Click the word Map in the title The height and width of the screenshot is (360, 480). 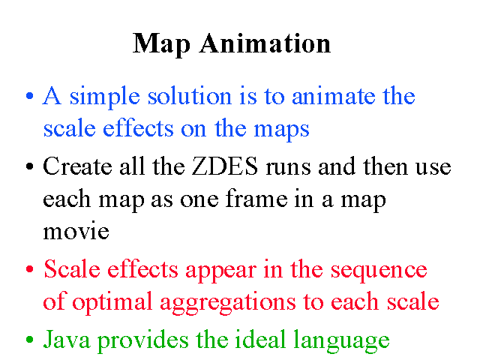tap(162, 45)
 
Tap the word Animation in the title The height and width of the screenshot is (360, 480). tap(265, 43)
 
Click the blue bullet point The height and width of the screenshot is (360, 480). tap(30, 96)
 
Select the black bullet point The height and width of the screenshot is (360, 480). tap(30, 166)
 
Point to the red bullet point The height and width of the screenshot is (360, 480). tap(30, 269)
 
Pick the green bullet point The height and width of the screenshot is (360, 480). tap(30, 340)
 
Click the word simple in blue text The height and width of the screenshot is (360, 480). tap(105, 97)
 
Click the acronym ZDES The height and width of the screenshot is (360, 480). tap(225, 166)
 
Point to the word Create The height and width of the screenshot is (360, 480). tap(77, 166)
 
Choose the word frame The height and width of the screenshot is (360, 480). tap(256, 198)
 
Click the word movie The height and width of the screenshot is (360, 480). tap(76, 231)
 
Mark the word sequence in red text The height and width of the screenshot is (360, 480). tap(379, 271)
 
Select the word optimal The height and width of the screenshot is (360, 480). tap(112, 302)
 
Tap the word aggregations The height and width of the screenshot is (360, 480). tap(228, 303)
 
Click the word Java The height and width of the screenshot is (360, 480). tap(67, 339)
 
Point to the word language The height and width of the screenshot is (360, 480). tap(341, 340)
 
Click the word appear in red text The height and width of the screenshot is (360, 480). tap(220, 271)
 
